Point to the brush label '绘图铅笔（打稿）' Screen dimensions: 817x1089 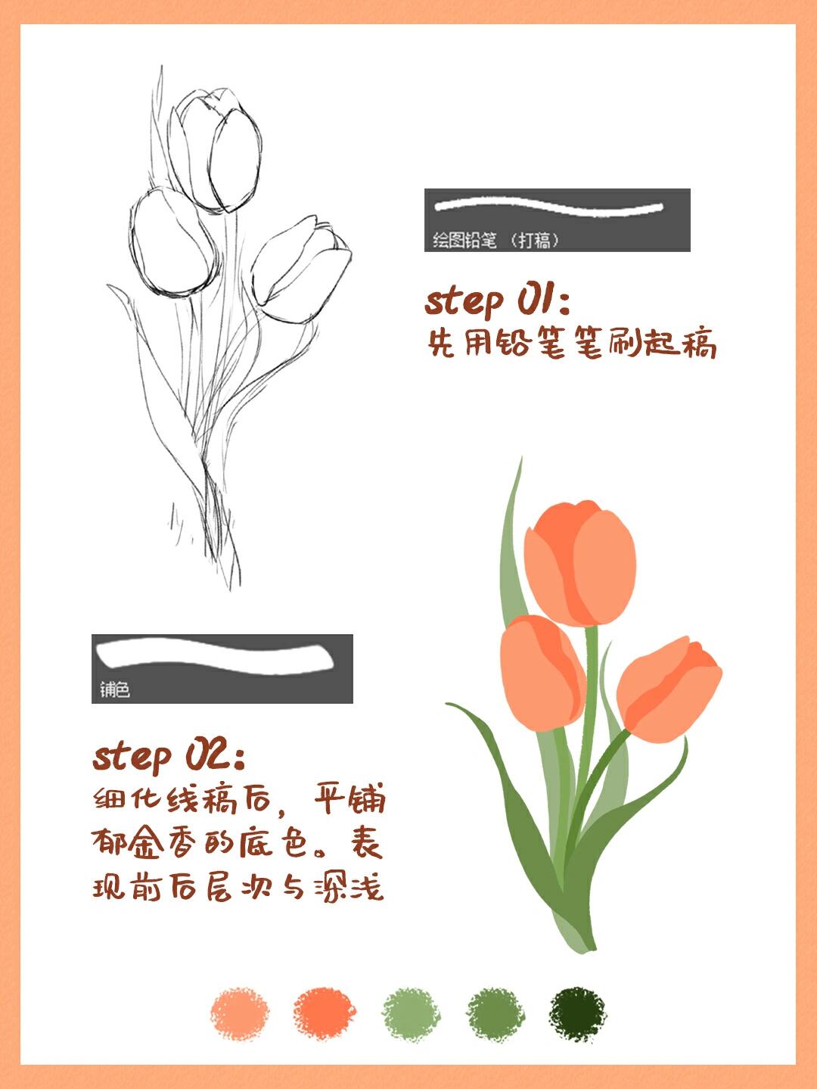pos(495,240)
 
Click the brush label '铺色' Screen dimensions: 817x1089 pos(114,689)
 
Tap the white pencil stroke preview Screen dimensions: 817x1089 pos(548,207)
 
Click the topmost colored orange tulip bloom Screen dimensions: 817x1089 pos(580,563)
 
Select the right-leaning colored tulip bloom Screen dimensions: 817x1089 pos(669,689)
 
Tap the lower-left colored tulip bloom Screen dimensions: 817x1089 pos(543,674)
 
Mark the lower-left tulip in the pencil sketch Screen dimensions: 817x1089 pos(173,243)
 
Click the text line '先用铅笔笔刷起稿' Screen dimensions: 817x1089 pos(572,342)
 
